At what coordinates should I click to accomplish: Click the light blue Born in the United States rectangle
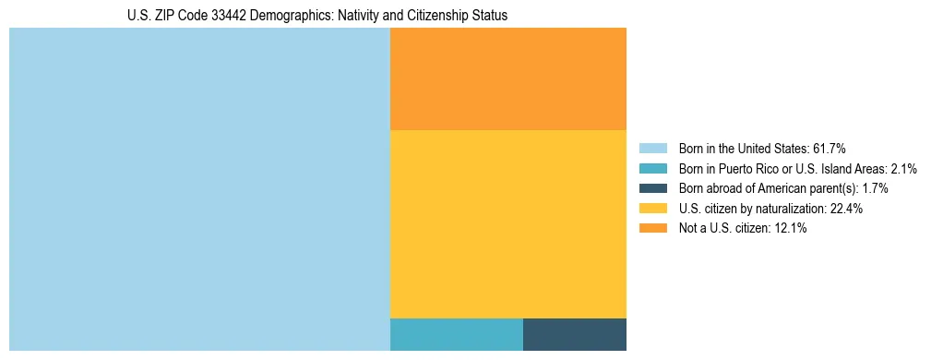point(199,189)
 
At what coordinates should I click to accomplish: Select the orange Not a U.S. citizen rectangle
point(508,79)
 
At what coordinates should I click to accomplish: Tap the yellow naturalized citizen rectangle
point(508,224)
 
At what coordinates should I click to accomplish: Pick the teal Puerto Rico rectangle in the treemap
point(457,334)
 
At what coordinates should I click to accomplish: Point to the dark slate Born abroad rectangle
point(575,334)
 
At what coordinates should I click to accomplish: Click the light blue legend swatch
point(652,148)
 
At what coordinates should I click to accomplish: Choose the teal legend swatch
point(652,168)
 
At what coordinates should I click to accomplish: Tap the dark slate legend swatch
point(652,188)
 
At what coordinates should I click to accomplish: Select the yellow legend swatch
point(652,209)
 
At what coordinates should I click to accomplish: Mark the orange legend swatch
point(652,229)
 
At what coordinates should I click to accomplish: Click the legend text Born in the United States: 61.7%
point(762,148)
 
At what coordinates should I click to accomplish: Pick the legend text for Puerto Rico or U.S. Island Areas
point(797,168)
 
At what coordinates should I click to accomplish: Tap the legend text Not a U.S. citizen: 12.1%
point(743,229)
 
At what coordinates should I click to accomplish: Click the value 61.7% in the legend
point(829,148)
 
